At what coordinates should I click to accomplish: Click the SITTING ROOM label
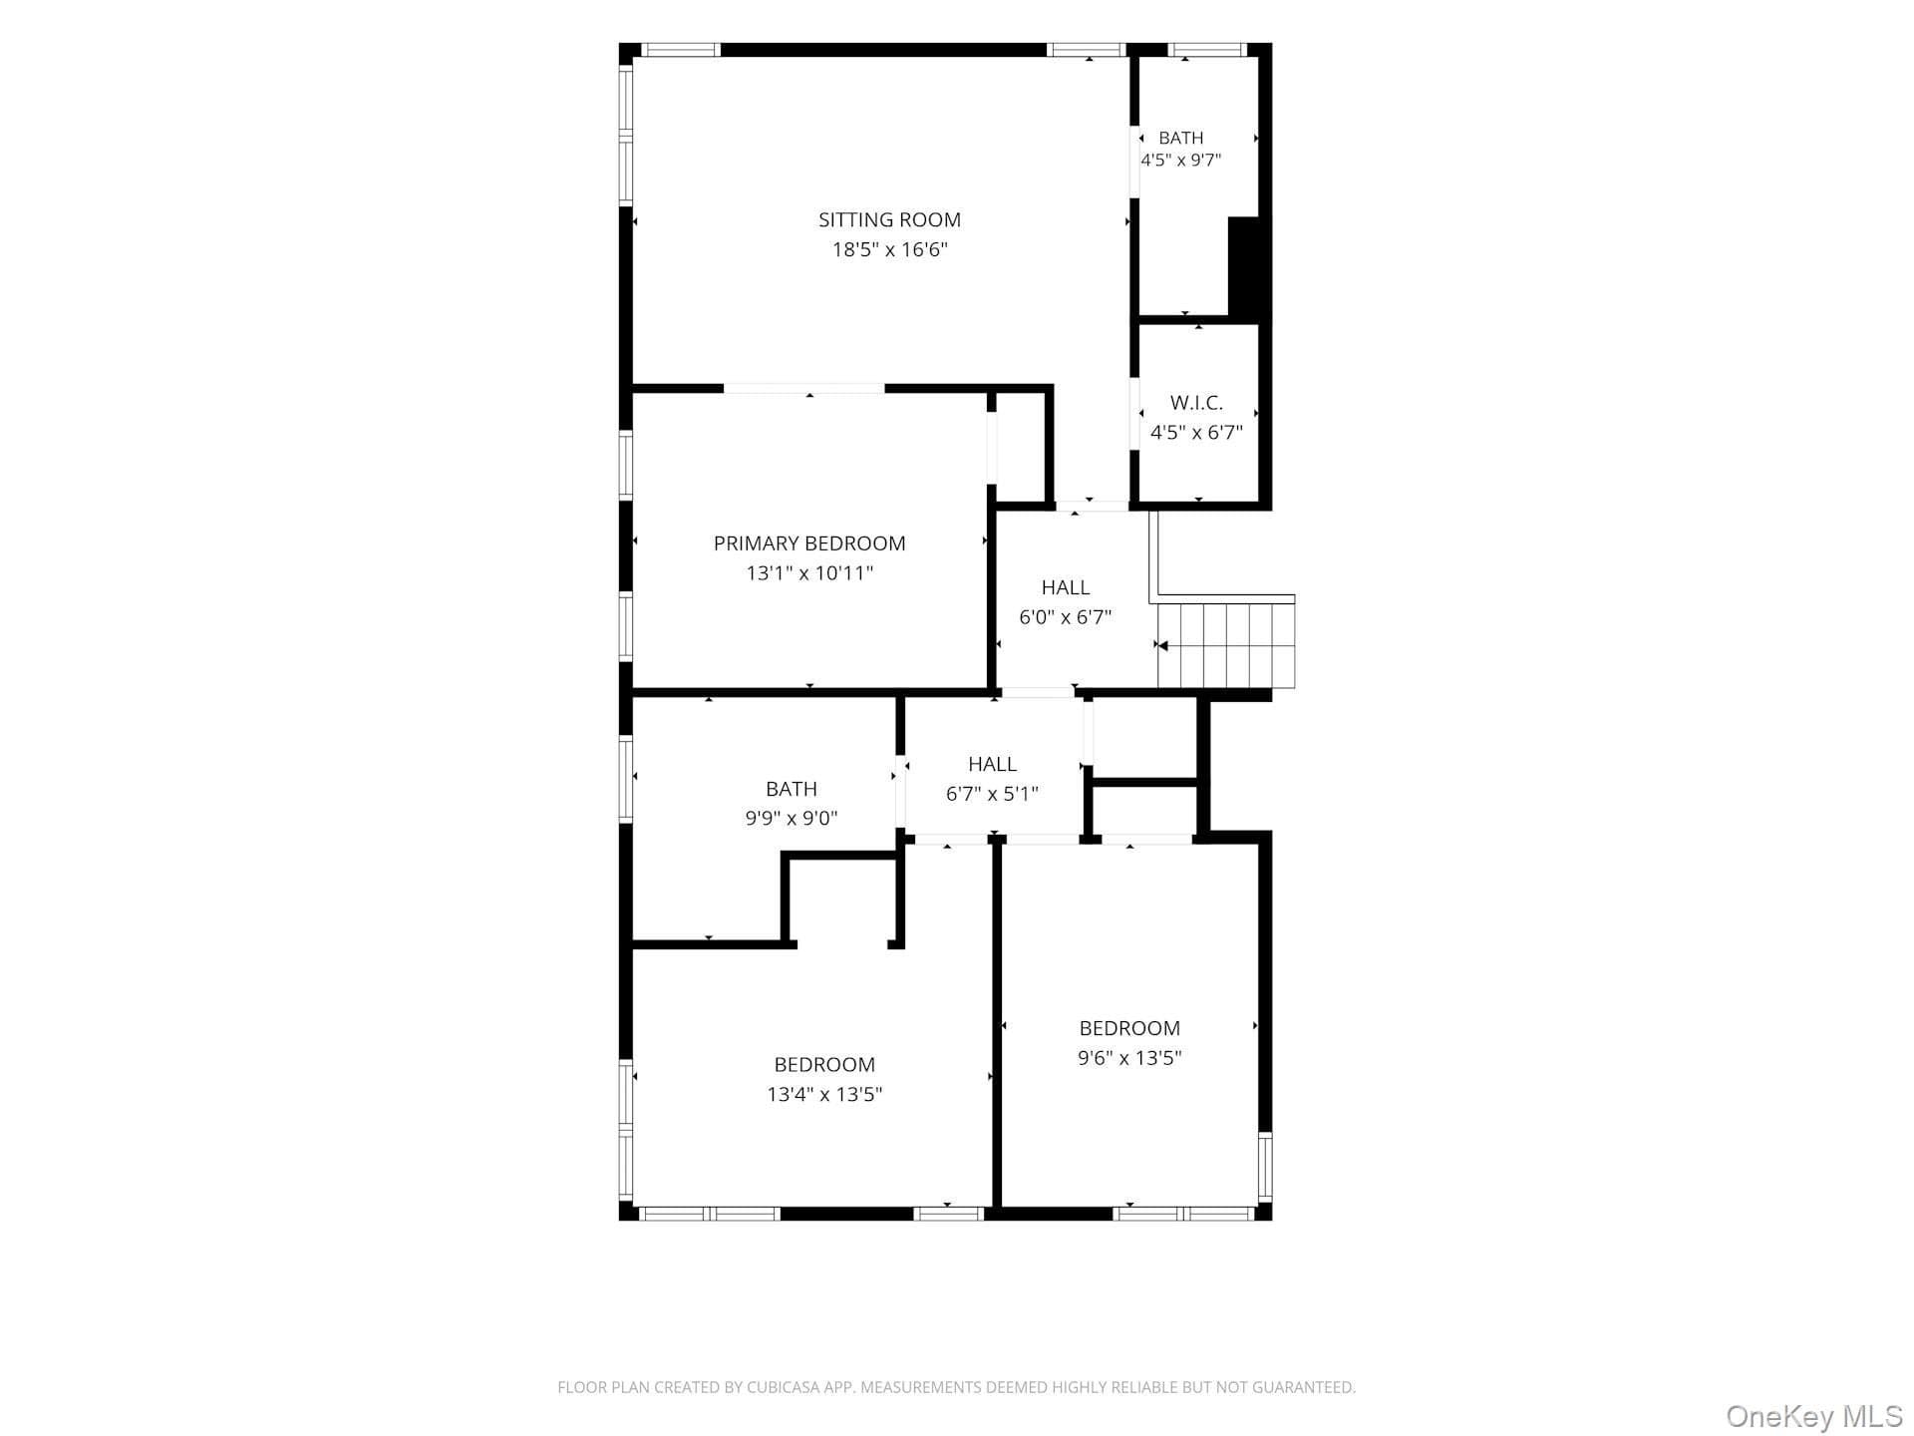(x=889, y=220)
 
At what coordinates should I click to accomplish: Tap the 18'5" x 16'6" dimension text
(x=889, y=249)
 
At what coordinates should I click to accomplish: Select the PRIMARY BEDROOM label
(x=809, y=543)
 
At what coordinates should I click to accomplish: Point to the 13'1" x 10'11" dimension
(x=809, y=573)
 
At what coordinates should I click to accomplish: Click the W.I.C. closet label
(x=1196, y=403)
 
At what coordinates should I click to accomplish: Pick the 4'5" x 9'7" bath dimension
(x=1181, y=160)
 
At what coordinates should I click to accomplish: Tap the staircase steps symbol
(x=1225, y=645)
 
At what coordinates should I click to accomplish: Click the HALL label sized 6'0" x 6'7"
(x=1066, y=587)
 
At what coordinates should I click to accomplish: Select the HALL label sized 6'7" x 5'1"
(x=992, y=764)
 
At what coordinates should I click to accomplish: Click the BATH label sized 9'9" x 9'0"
(x=792, y=789)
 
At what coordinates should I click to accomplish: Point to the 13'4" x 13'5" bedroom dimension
(x=824, y=1094)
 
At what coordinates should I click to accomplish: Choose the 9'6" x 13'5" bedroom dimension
(x=1129, y=1058)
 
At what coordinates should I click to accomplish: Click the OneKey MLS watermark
(x=1814, y=1416)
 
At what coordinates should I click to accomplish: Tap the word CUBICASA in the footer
(x=783, y=1387)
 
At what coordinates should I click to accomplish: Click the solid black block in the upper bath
(x=1247, y=267)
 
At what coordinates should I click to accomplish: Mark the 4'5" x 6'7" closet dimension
(x=1196, y=433)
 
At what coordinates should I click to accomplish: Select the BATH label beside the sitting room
(x=1181, y=138)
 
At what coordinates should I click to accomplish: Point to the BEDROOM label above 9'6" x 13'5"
(x=1129, y=1028)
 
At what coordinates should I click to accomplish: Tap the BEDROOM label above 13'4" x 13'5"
(x=824, y=1064)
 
